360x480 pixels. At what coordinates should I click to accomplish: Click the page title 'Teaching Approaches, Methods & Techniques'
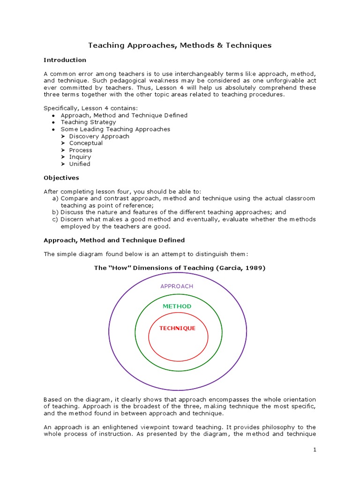(x=180, y=45)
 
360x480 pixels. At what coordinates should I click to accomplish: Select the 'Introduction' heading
(x=65, y=60)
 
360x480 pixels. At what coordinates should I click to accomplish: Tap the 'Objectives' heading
(x=61, y=178)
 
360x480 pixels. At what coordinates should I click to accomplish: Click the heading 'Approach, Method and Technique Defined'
(x=114, y=240)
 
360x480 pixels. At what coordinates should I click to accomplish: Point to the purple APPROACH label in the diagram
(x=177, y=286)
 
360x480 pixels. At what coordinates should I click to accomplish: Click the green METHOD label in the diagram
(x=177, y=306)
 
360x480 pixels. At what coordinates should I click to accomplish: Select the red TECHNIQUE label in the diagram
(x=177, y=328)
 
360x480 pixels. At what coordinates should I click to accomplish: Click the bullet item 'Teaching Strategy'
(x=88, y=122)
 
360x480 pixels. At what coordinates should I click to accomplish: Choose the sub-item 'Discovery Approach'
(x=99, y=136)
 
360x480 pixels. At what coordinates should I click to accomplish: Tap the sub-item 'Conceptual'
(x=86, y=143)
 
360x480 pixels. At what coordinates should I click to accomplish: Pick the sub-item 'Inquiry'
(x=80, y=157)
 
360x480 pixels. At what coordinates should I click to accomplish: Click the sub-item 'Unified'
(x=80, y=164)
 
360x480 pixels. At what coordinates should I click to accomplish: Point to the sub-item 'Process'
(x=81, y=150)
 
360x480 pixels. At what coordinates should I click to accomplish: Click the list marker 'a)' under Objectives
(x=55, y=198)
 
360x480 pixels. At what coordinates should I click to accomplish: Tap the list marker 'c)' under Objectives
(x=55, y=219)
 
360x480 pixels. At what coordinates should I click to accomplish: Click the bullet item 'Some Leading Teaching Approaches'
(x=115, y=129)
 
